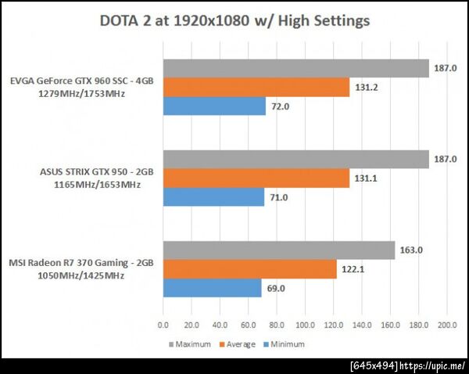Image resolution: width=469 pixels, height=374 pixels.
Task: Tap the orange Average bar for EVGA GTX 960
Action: click(x=256, y=88)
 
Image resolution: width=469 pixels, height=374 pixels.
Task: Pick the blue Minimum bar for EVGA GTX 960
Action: click(x=214, y=106)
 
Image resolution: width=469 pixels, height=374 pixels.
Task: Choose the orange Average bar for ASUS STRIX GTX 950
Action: click(x=256, y=178)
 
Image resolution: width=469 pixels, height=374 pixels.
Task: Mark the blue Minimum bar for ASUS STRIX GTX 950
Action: click(x=213, y=197)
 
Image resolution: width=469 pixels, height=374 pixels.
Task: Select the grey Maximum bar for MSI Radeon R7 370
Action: click(x=278, y=250)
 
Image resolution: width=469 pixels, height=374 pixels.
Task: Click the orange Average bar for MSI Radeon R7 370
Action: click(x=249, y=269)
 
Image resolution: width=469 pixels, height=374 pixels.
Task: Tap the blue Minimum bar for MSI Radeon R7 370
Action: click(x=212, y=288)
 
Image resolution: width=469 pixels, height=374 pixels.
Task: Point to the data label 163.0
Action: click(x=411, y=250)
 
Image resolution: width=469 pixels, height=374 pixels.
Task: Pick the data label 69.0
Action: click(x=277, y=288)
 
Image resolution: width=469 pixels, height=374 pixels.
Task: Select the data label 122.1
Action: click(x=353, y=269)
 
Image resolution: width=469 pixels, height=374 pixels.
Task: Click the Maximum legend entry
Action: click(x=188, y=343)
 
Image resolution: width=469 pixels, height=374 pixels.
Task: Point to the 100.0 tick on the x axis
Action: click(x=305, y=323)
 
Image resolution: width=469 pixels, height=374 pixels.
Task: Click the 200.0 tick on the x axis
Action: click(x=447, y=323)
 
